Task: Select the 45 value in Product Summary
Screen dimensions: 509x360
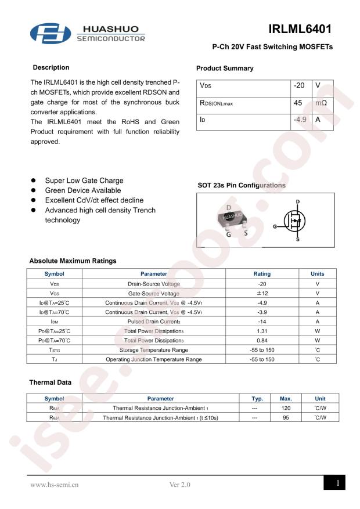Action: pyautogui.click(x=299, y=103)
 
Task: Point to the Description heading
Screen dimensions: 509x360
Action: pyautogui.click(x=51, y=68)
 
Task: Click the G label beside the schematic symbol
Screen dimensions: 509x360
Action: pyautogui.click(x=273, y=225)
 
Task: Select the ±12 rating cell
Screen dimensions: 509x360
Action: pyautogui.click(x=262, y=293)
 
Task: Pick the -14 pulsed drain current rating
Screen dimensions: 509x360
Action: pyautogui.click(x=262, y=321)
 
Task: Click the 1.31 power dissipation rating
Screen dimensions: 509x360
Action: pyautogui.click(x=262, y=331)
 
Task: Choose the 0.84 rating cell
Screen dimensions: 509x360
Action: pyautogui.click(x=262, y=340)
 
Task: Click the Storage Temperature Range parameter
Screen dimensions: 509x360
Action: pyautogui.click(x=153, y=350)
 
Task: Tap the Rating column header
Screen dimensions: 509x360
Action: pyautogui.click(x=262, y=274)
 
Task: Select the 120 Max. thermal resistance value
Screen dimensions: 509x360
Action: pyautogui.click(x=285, y=409)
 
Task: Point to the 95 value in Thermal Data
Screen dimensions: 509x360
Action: pyautogui.click(x=285, y=418)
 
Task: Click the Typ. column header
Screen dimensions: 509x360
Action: pyautogui.click(x=254, y=399)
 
